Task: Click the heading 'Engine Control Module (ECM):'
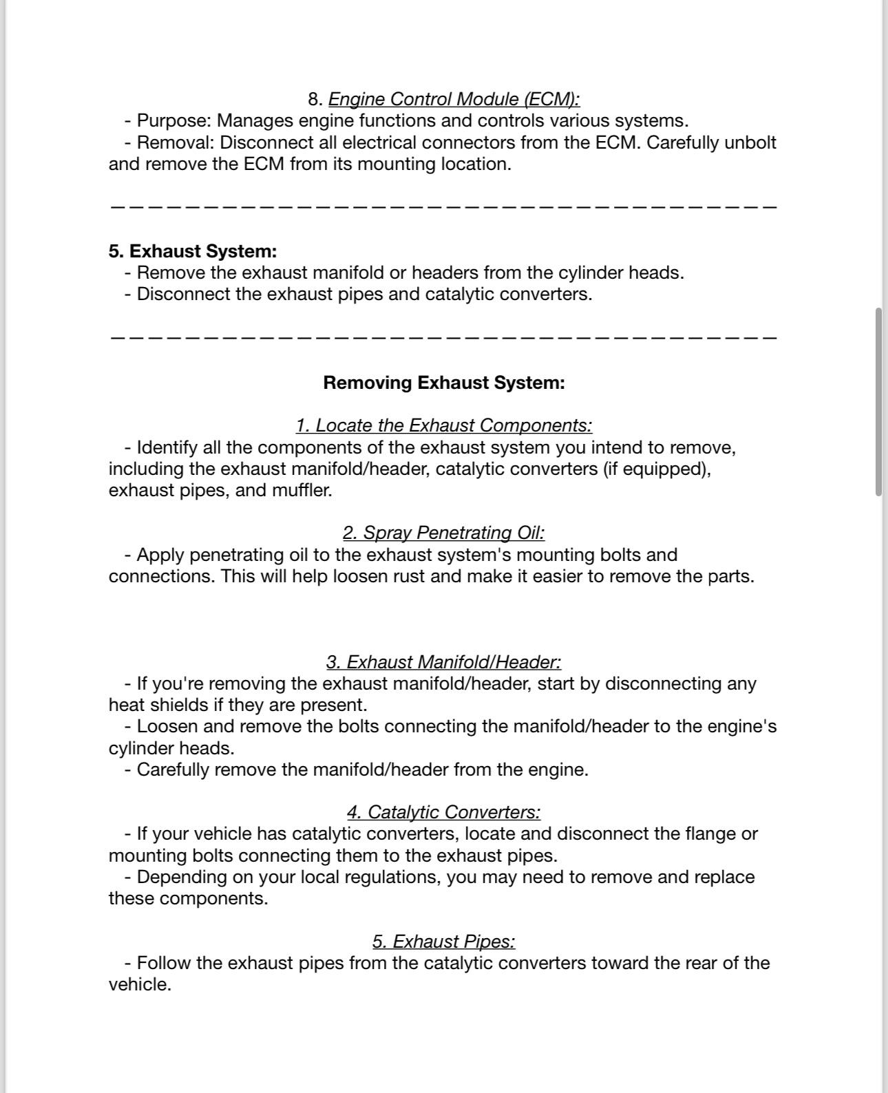pyautogui.click(x=454, y=99)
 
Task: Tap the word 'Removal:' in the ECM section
pyautogui.click(x=176, y=142)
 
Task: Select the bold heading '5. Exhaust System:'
pyautogui.click(x=193, y=251)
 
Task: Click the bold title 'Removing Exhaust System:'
pyautogui.click(x=444, y=383)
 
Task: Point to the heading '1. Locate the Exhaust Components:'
pyautogui.click(x=444, y=425)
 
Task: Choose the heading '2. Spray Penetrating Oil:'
pyautogui.click(x=444, y=533)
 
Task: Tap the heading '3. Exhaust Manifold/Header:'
pyautogui.click(x=444, y=662)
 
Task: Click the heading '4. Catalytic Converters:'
pyautogui.click(x=444, y=812)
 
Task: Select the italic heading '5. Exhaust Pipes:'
pyautogui.click(x=444, y=942)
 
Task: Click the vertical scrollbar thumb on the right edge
pyautogui.click(x=878, y=403)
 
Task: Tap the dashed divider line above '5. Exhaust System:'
pyautogui.click(x=444, y=206)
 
